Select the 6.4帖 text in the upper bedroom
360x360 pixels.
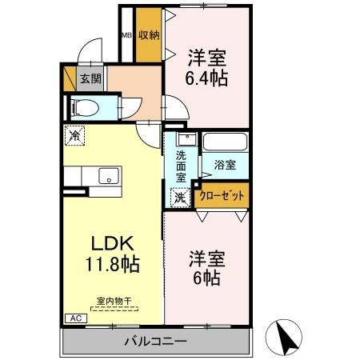tap(207, 78)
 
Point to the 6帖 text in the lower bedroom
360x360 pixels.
tap(207, 279)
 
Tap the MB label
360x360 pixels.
tap(126, 35)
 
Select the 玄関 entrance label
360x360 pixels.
tap(90, 78)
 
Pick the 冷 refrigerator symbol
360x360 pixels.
tap(74, 137)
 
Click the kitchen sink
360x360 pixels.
tap(107, 176)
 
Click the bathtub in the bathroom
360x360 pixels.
tap(224, 143)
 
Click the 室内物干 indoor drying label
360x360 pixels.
tap(114, 301)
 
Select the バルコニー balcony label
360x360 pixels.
tap(155, 342)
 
